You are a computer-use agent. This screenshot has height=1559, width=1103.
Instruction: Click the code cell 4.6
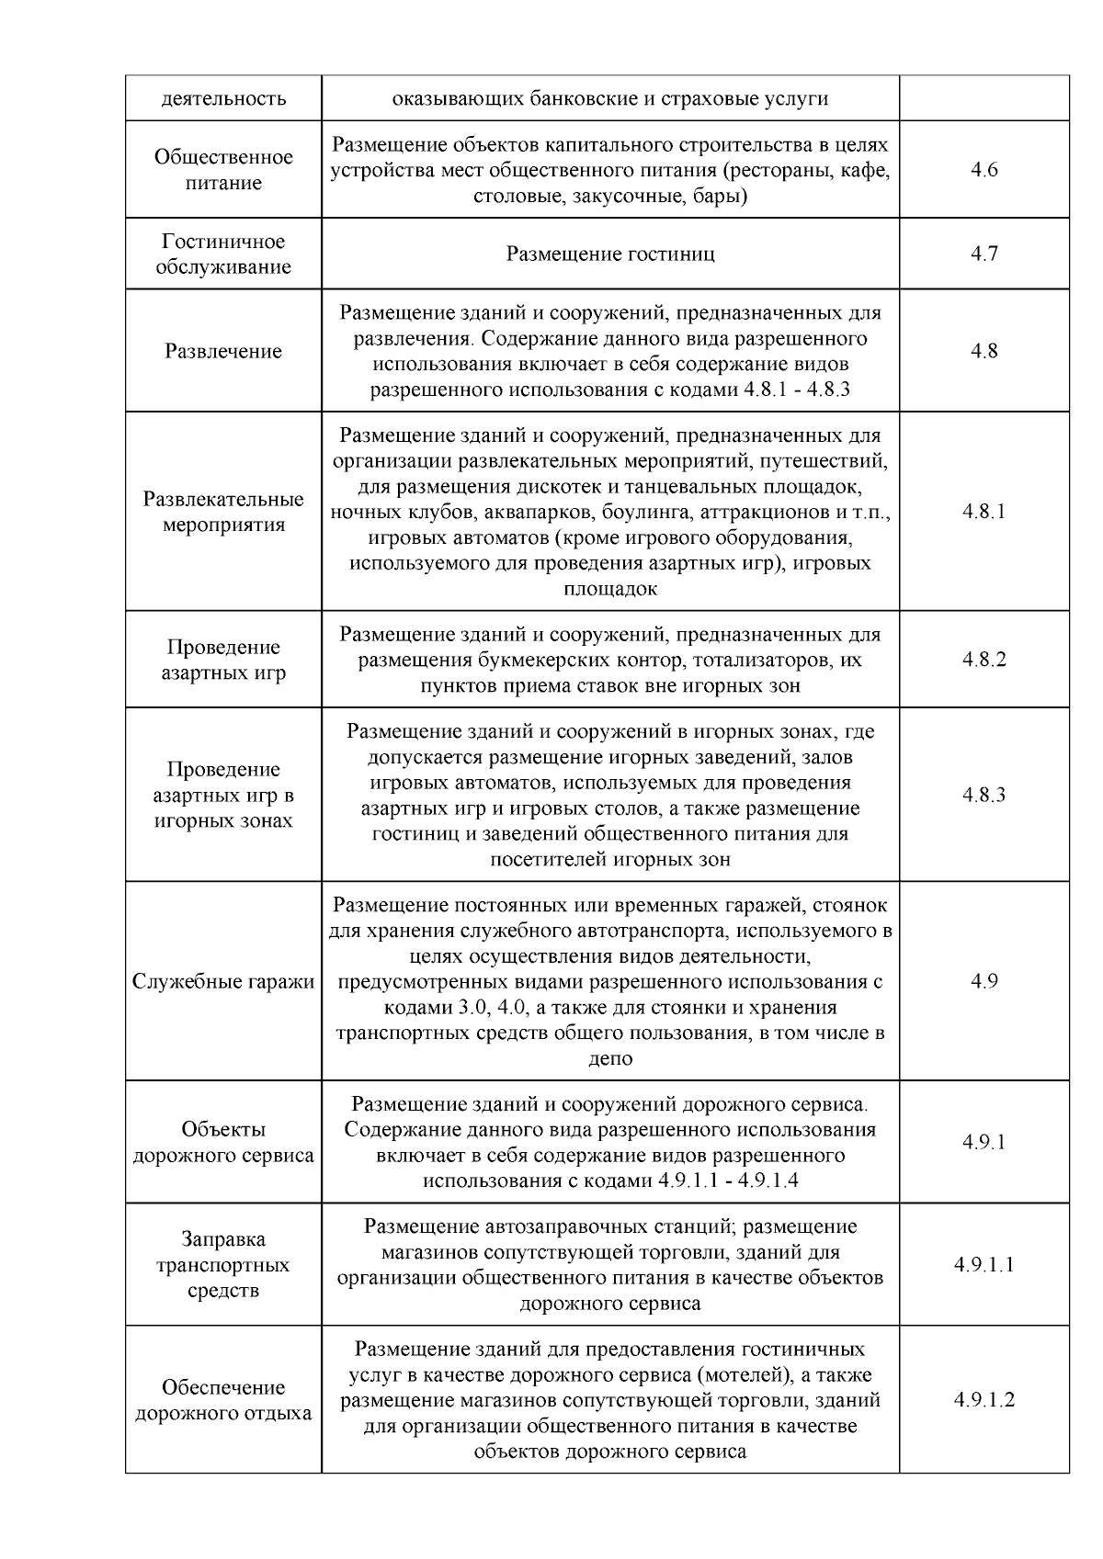point(984,170)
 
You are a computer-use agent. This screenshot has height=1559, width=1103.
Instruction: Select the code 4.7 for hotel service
point(984,254)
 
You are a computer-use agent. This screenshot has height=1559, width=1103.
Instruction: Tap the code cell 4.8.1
point(984,512)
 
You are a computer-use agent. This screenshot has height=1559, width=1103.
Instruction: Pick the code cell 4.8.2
point(984,660)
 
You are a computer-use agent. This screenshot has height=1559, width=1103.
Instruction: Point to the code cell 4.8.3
point(984,795)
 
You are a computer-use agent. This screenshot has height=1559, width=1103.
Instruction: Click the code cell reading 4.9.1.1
point(984,1265)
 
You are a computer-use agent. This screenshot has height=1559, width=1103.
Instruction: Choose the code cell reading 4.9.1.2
point(984,1400)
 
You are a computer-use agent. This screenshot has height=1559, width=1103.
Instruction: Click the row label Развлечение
point(223,351)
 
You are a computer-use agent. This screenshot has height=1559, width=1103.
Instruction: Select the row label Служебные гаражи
point(223,981)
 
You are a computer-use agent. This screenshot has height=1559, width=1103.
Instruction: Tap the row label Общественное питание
point(223,170)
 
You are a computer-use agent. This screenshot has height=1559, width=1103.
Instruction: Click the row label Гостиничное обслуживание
point(223,254)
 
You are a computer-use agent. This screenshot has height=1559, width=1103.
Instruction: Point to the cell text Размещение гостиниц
point(610,254)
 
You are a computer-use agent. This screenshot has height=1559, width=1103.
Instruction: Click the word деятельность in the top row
point(223,98)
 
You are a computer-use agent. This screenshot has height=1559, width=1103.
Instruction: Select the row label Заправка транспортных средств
point(223,1265)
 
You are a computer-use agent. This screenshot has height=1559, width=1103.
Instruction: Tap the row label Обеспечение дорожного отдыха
point(223,1400)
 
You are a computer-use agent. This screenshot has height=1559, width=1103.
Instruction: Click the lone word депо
point(610,1058)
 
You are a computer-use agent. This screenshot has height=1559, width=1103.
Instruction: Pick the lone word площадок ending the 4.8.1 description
point(610,589)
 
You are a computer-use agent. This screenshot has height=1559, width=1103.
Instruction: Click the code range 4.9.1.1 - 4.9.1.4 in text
point(728,1181)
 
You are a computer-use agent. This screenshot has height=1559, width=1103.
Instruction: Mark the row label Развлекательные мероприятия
point(223,512)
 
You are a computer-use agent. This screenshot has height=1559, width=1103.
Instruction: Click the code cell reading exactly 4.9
point(984,981)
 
